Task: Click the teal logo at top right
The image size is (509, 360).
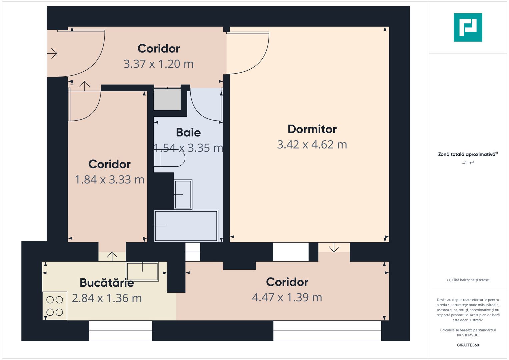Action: pyautogui.click(x=468, y=27)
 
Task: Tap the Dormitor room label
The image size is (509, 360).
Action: pyautogui.click(x=312, y=129)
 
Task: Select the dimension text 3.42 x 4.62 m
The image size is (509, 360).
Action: pyautogui.click(x=312, y=145)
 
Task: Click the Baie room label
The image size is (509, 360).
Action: pyautogui.click(x=188, y=133)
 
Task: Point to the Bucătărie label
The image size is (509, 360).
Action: pyautogui.click(x=107, y=283)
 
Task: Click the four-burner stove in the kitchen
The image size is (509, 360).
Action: pyautogui.click(x=55, y=306)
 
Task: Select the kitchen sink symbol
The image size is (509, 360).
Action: pyautogui.click(x=142, y=271)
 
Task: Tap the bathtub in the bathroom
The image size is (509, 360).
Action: pyautogui.click(x=186, y=226)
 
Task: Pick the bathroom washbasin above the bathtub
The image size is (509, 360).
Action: pyautogui.click(x=183, y=195)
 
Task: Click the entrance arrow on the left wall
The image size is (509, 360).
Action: pyautogui.click(x=52, y=53)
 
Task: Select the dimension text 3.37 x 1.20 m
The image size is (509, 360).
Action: pyautogui.click(x=158, y=64)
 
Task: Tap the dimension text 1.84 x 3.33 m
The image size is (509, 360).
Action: pyautogui.click(x=109, y=180)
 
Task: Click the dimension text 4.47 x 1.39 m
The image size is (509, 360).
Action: pyautogui.click(x=287, y=297)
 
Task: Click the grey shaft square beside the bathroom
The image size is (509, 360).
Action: pyautogui.click(x=167, y=99)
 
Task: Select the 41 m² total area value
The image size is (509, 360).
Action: pyautogui.click(x=468, y=163)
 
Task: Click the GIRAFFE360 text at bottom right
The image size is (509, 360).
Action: pyautogui.click(x=468, y=345)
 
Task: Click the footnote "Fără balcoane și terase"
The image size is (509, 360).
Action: pyautogui.click(x=468, y=280)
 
